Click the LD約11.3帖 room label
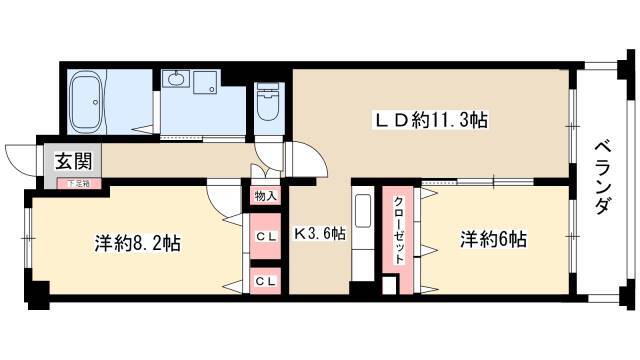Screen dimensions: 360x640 430,121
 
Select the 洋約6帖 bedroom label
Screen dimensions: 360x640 493,240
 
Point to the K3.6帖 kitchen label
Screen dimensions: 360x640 319,235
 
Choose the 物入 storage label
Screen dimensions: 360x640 265,195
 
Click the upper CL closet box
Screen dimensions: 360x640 265,236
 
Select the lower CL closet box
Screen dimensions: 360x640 265,281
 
